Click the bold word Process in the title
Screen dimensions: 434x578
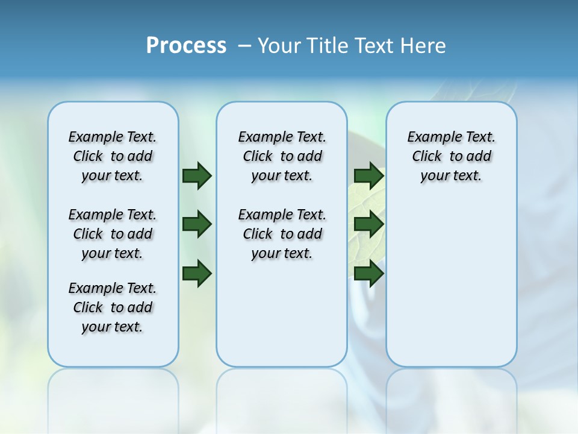pos(186,46)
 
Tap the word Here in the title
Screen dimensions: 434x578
pos(424,46)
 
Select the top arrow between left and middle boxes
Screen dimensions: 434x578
pos(197,176)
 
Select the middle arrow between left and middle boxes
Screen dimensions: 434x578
pos(197,225)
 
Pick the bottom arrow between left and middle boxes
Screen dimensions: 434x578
pos(197,273)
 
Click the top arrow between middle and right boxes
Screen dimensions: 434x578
pos(368,176)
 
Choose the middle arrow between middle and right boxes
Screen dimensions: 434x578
pos(368,225)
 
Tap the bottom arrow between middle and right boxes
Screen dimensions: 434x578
pos(368,274)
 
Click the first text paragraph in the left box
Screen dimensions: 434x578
pos(113,156)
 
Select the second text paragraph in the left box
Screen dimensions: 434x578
pos(113,234)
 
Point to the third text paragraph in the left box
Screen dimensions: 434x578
pos(113,307)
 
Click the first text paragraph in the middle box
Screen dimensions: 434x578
pos(282,156)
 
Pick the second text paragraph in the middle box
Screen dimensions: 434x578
pos(282,234)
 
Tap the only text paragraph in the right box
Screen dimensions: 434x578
pos(452,156)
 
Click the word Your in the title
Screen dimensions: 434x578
pos(279,46)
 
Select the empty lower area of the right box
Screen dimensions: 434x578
pos(452,283)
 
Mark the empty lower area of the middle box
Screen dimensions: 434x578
pos(282,313)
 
